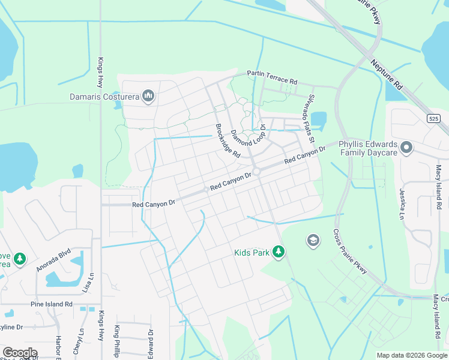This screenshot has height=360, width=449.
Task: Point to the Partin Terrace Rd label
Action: pos(272,77)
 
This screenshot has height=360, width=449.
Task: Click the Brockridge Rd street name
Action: pos(228,141)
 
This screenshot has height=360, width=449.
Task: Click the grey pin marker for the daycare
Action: pos(406,147)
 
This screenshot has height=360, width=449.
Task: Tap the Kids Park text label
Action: pos(252,253)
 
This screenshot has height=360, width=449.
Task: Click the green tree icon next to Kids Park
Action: pos(278,251)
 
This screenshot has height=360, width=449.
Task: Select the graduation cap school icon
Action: pos(312,241)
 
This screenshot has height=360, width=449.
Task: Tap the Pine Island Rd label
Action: pos(51,304)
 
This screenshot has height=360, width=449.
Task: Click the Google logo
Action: pos(20,353)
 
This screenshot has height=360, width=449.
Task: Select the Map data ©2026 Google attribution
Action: pos(412,355)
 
